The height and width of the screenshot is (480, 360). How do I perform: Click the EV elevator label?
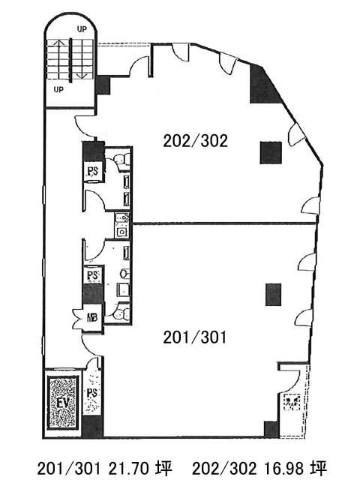(62, 403)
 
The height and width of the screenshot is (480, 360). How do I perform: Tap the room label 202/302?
(196, 141)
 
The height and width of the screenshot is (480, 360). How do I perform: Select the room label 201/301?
(195, 337)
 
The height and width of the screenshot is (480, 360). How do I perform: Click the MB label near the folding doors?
(92, 317)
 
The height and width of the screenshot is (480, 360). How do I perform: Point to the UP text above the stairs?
(82, 29)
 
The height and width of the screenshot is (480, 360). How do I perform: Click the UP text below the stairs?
(58, 90)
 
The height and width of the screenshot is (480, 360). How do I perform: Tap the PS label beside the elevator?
(92, 393)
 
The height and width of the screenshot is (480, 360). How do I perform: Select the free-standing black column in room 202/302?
(271, 153)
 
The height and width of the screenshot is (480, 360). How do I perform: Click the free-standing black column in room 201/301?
(273, 295)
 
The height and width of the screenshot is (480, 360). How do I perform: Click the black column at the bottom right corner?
(271, 429)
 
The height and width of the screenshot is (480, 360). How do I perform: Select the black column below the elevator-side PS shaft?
(92, 426)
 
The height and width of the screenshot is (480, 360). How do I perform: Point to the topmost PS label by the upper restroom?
(93, 172)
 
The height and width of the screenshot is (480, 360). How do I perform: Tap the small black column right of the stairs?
(103, 85)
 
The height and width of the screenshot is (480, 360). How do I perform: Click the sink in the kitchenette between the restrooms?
(122, 232)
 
